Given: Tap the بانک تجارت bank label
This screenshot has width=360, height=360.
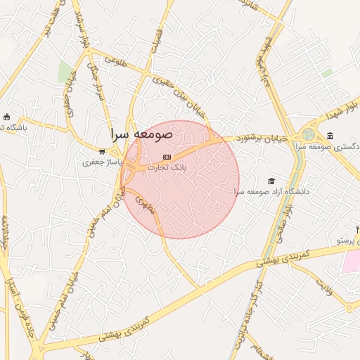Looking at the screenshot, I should tap(166, 168).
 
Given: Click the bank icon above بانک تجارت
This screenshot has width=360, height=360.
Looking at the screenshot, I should tap(167, 156).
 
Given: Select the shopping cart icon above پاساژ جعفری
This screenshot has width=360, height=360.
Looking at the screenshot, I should tap(103, 150).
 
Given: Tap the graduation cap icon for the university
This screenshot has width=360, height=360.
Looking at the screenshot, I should tap(272, 180).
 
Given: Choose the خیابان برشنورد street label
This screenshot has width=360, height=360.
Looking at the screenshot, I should tap(262, 139).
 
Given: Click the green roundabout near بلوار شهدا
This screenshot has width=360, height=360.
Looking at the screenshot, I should tap(309, 134).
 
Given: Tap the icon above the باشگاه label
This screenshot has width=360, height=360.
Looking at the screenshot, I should tap(7, 117).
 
